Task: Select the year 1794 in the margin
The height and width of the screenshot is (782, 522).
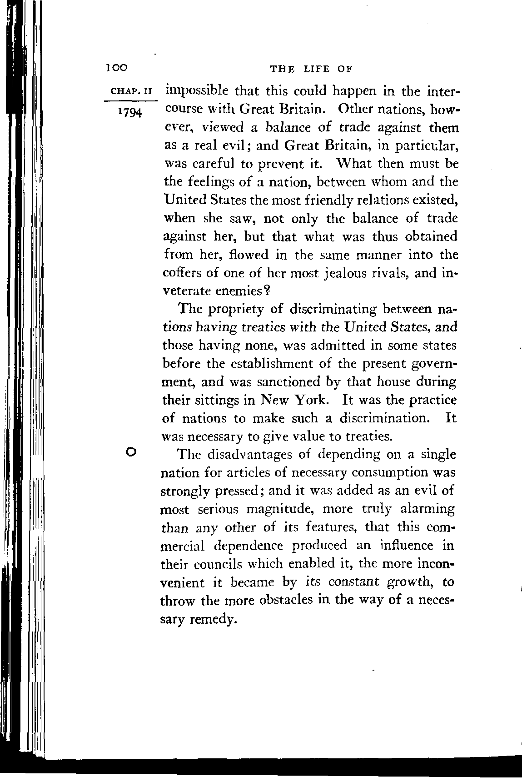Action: [129, 112]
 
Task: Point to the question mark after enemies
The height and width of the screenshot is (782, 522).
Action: [267, 291]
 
